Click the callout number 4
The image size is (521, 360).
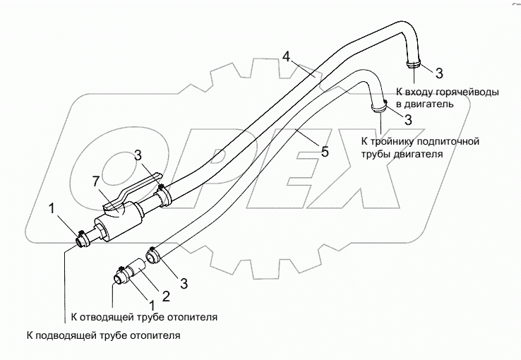tap(287, 56)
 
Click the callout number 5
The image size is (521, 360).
tap(325, 152)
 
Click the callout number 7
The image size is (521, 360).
tap(96, 181)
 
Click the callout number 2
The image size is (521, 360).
tap(165, 296)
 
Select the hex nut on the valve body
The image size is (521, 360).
tap(100, 232)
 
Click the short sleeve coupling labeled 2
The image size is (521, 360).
tap(137, 268)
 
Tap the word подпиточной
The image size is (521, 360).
tap(448, 141)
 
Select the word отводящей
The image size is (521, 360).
tap(107, 317)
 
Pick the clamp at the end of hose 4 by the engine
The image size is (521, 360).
tap(414, 64)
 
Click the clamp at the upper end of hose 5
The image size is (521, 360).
tap(378, 107)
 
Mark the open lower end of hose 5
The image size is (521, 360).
tap(153, 257)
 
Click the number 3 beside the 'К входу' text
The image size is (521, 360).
tap(439, 73)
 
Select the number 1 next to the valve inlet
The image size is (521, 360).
tap(52, 208)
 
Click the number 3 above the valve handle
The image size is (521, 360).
tap(138, 155)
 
